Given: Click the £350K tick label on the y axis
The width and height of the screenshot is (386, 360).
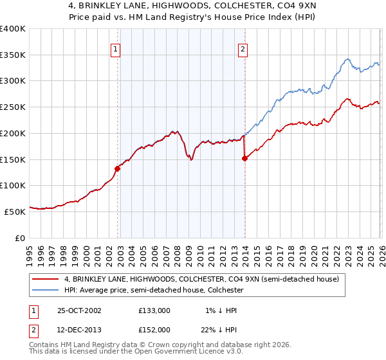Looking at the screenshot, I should [13, 55].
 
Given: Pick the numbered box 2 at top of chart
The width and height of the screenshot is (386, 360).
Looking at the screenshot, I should [243, 49].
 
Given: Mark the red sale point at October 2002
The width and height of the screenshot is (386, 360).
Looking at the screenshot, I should [118, 168].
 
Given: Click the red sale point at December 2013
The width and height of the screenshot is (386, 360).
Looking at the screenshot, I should [244, 159].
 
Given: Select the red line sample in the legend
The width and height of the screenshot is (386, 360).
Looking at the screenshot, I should [46, 279].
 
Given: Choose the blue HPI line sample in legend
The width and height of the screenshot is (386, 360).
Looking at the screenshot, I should [46, 291].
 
